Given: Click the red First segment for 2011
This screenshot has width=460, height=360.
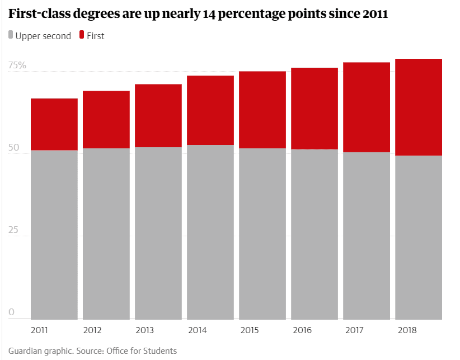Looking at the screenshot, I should (54, 124).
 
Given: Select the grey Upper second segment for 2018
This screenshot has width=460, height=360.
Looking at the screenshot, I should (419, 237).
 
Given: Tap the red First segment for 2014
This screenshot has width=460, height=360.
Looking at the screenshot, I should (210, 110).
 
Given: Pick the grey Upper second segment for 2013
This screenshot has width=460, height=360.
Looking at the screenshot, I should (158, 233).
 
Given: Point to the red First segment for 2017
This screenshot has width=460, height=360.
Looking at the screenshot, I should (367, 107).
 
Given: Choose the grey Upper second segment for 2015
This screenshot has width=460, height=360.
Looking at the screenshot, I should (262, 233).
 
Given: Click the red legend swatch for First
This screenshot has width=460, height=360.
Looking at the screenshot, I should (82, 35).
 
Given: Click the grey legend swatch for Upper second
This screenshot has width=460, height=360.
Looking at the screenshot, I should (11, 35).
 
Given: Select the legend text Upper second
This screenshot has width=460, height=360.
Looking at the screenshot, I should (43, 36).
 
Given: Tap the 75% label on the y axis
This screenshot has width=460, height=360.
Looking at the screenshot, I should (17, 65).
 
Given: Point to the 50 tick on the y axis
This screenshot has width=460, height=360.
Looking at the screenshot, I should (13, 148).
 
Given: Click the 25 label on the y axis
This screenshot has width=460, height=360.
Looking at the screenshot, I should (13, 230).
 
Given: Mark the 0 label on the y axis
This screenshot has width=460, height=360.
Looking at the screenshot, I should (11, 312).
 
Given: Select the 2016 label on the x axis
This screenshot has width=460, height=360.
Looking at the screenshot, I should (302, 330).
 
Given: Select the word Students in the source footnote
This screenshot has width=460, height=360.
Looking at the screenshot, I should (159, 351).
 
